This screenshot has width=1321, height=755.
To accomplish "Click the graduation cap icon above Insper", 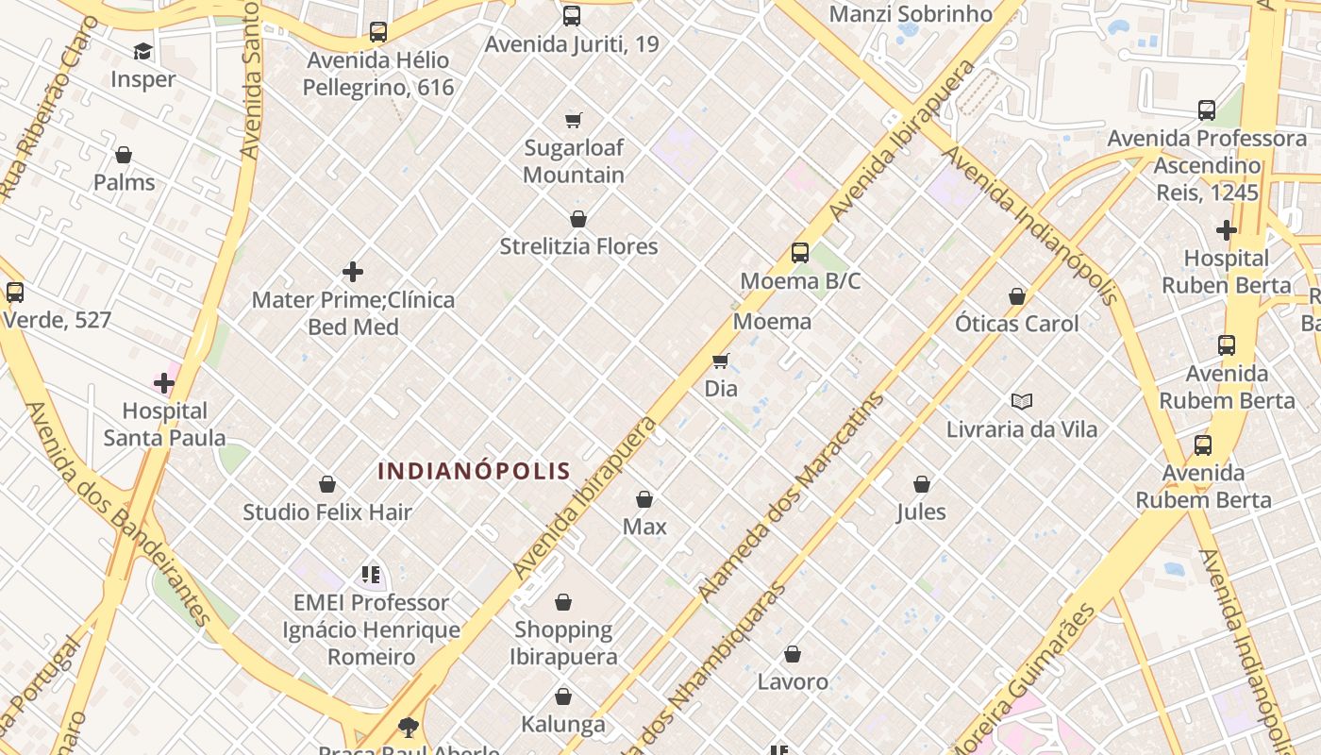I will [142, 51].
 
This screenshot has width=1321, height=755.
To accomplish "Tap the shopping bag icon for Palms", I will [124, 155].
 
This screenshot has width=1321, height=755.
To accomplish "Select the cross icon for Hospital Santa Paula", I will [164, 383].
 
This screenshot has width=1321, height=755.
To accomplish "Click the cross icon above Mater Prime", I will [353, 272].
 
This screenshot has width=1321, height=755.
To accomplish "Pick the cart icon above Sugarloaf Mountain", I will [574, 120].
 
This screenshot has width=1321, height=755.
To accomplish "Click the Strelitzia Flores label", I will [578, 246].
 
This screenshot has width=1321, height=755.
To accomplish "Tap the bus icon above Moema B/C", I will [800, 252].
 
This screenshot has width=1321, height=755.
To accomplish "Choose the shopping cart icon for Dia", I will [721, 361].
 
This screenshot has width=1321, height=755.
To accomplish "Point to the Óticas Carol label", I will [1016, 324].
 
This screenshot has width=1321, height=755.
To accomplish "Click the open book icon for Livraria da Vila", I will [1022, 401].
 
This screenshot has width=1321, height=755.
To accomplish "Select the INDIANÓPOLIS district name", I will [475, 470].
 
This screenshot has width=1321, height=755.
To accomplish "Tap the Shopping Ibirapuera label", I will [564, 643].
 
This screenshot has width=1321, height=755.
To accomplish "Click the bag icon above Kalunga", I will [563, 696].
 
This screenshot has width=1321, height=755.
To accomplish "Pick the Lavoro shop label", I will [793, 681].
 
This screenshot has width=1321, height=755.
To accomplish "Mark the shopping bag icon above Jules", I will [922, 484].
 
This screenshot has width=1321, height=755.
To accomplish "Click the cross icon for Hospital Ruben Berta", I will [1226, 229].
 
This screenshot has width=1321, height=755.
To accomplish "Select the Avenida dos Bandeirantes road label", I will [117, 514].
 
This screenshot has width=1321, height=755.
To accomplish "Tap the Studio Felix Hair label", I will [327, 512].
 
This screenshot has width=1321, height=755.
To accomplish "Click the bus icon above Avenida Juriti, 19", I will [572, 16].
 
